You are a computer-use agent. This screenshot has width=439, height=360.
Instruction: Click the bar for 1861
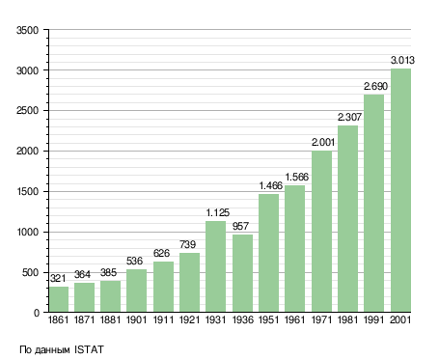[x=59, y=299]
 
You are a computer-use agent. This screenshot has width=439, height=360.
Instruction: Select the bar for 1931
[x=215, y=266]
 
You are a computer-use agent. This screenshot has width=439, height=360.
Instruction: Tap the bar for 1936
[x=242, y=273]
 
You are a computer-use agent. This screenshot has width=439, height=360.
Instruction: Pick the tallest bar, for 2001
[x=400, y=190]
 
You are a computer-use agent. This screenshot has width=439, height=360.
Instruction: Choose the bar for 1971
[x=321, y=232]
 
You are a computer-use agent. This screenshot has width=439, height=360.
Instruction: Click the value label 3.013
[x=402, y=60]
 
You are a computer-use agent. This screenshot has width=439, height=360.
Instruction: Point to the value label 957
[x=240, y=226]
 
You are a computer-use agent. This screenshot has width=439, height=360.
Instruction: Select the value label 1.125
[x=218, y=212]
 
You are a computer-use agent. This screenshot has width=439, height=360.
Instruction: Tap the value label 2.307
[x=349, y=117]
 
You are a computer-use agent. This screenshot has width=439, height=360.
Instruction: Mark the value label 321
[x=58, y=278]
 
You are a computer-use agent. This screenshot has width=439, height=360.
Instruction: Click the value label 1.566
[x=297, y=177]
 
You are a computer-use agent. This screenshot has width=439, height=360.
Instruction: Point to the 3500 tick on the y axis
[x=28, y=30]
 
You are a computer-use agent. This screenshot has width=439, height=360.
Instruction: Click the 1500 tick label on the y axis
[x=28, y=192]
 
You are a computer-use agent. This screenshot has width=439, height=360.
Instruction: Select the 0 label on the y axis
[x=37, y=313]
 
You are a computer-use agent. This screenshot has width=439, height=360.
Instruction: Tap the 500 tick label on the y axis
[x=30, y=273]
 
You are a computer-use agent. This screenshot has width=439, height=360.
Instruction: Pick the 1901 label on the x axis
[x=137, y=319]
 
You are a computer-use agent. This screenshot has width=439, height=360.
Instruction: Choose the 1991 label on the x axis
[x=374, y=319]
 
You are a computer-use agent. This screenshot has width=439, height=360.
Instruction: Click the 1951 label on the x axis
[x=269, y=319]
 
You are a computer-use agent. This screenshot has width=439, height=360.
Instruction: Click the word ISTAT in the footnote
[x=89, y=349]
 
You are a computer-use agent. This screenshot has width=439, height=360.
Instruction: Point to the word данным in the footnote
[x=52, y=350]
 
